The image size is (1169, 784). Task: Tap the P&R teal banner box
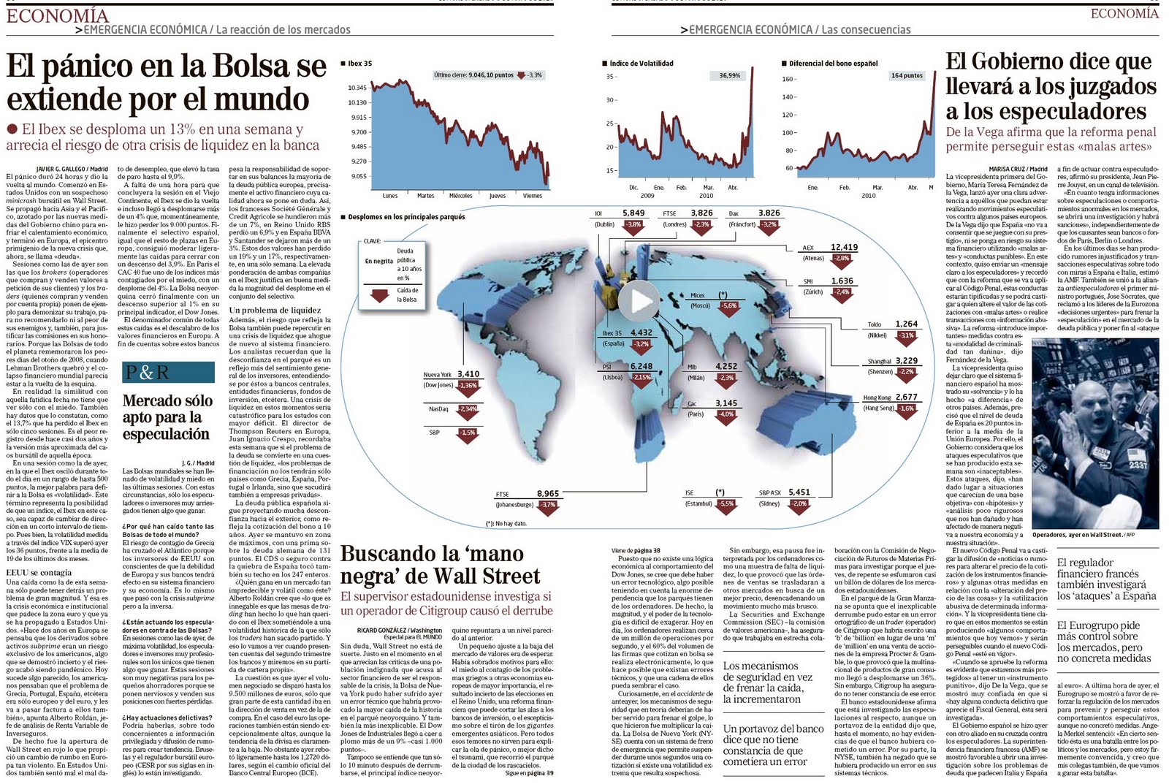coord(168,372)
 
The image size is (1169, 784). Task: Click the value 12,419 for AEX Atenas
coord(844,248)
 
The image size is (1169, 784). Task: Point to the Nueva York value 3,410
coord(468,374)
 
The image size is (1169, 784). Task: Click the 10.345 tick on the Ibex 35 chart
coord(357,88)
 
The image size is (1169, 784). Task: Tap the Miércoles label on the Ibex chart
coord(460,196)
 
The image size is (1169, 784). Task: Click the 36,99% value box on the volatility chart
coord(729,75)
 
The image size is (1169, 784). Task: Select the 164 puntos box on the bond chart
coord(906,75)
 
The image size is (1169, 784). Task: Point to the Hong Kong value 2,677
coord(906,397)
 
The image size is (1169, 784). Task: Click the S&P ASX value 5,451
coord(799,492)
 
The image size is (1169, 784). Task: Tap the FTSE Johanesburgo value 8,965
coord(547,494)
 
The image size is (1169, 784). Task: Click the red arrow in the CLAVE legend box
coord(380,296)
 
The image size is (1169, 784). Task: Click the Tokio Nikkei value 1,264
coord(906,324)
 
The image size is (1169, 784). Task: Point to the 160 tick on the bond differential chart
coord(788,79)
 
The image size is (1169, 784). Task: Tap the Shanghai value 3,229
coord(906,361)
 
